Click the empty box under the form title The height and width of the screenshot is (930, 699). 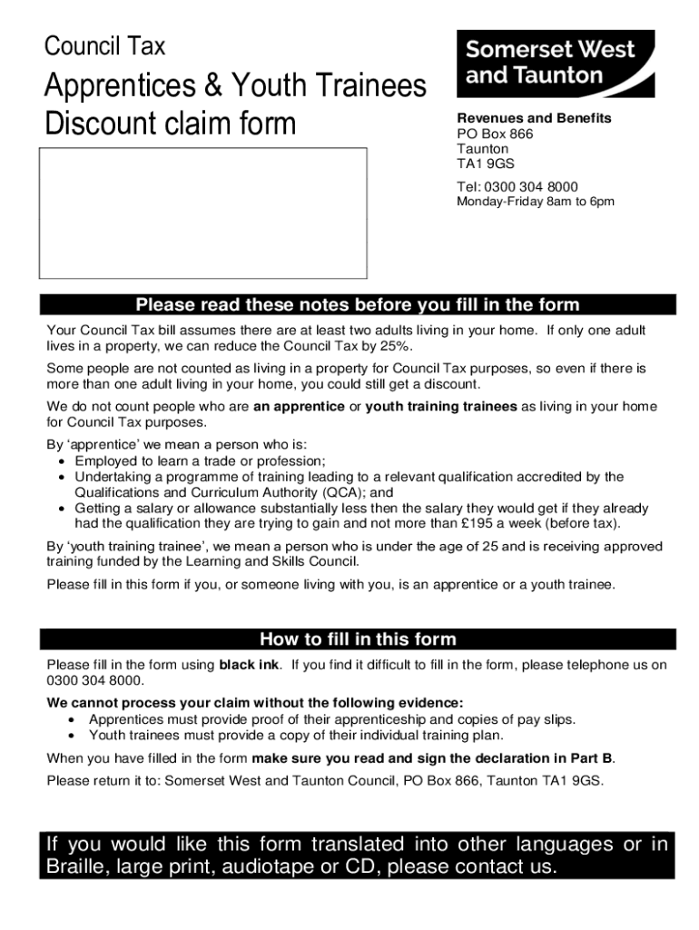pyautogui.click(x=202, y=213)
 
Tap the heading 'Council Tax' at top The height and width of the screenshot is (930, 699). pyautogui.click(x=105, y=45)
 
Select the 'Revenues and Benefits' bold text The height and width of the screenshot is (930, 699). pyautogui.click(x=534, y=118)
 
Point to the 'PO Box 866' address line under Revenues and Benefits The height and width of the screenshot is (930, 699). pyautogui.click(x=495, y=134)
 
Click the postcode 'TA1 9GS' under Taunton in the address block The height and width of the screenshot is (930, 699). pyautogui.click(x=485, y=164)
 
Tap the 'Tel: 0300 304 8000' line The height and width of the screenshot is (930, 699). pyautogui.click(x=517, y=187)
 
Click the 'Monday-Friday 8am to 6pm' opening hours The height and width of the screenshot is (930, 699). pyautogui.click(x=535, y=202)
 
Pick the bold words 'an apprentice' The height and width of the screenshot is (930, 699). pyautogui.click(x=299, y=406)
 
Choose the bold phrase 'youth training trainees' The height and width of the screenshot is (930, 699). pyautogui.click(x=441, y=406)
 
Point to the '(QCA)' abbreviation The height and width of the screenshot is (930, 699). pyautogui.click(x=336, y=492)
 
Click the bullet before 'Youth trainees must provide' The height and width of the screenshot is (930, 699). pyautogui.click(x=71, y=736)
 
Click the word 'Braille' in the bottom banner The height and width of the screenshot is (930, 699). pyautogui.click(x=76, y=867)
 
